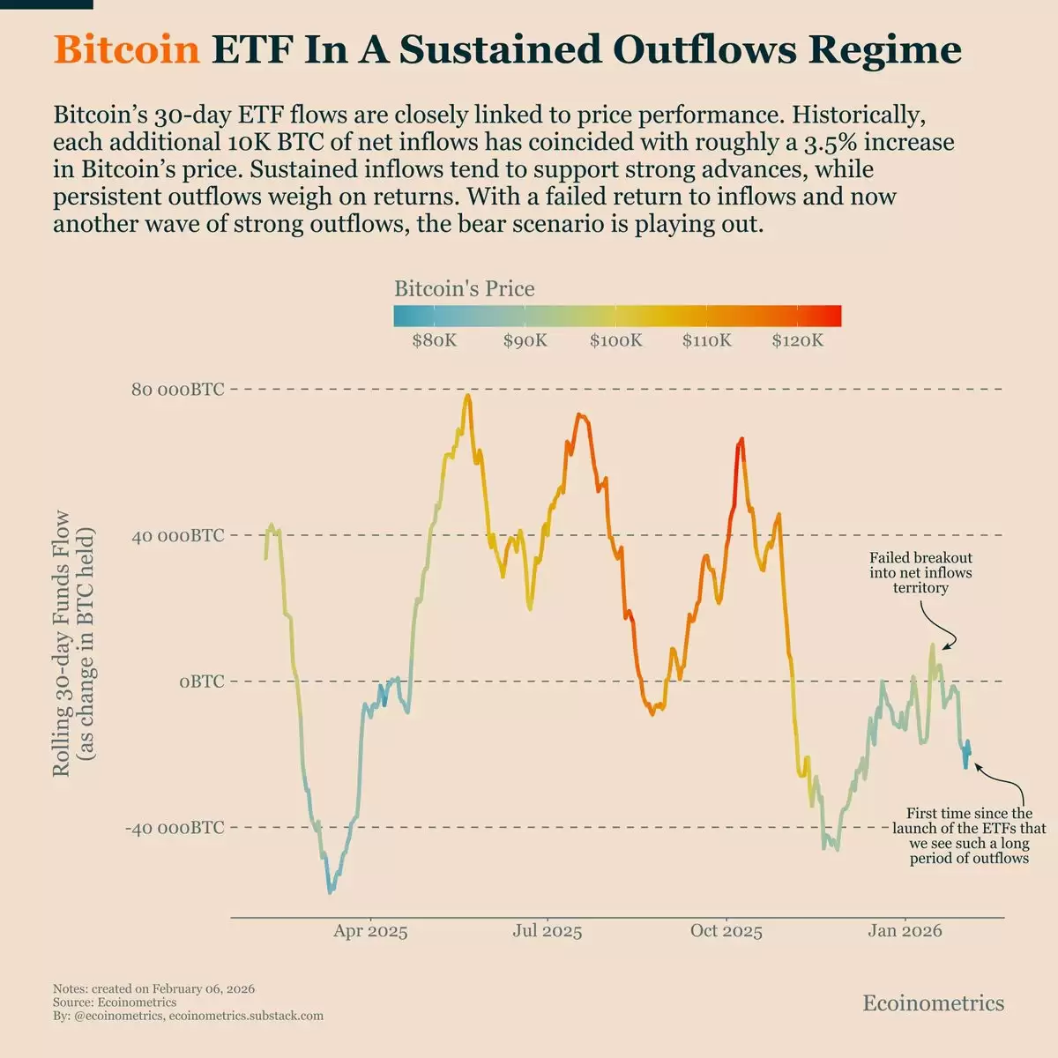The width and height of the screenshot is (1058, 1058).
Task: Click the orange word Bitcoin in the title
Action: (x=127, y=50)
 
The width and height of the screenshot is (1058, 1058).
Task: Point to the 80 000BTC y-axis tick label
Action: (x=177, y=389)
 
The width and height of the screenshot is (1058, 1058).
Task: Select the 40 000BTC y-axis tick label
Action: (x=177, y=535)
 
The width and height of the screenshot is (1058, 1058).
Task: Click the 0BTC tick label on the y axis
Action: (x=201, y=682)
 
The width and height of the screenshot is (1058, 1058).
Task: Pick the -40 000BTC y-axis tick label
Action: (x=175, y=828)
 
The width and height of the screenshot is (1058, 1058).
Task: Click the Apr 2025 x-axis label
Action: (x=370, y=931)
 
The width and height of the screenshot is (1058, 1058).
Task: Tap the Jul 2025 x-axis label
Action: (x=548, y=931)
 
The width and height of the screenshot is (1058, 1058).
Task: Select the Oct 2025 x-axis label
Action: (x=726, y=931)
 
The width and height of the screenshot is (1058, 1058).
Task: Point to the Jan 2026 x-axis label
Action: (x=905, y=931)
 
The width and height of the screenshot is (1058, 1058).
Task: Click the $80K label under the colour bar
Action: (x=435, y=340)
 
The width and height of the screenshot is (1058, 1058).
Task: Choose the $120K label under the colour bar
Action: (x=798, y=340)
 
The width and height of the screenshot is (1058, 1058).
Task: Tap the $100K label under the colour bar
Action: (x=616, y=340)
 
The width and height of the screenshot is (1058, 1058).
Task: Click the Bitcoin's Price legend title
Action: (x=464, y=288)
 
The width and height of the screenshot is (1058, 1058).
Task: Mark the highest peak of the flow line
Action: (x=467, y=396)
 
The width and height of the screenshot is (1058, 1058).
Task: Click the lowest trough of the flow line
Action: (x=331, y=892)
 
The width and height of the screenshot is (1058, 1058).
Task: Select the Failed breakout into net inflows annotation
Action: (x=920, y=572)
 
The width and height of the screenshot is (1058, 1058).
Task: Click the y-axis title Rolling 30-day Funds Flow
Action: (x=62, y=644)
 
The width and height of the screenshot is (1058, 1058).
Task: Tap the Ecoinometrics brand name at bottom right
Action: (x=933, y=1003)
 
